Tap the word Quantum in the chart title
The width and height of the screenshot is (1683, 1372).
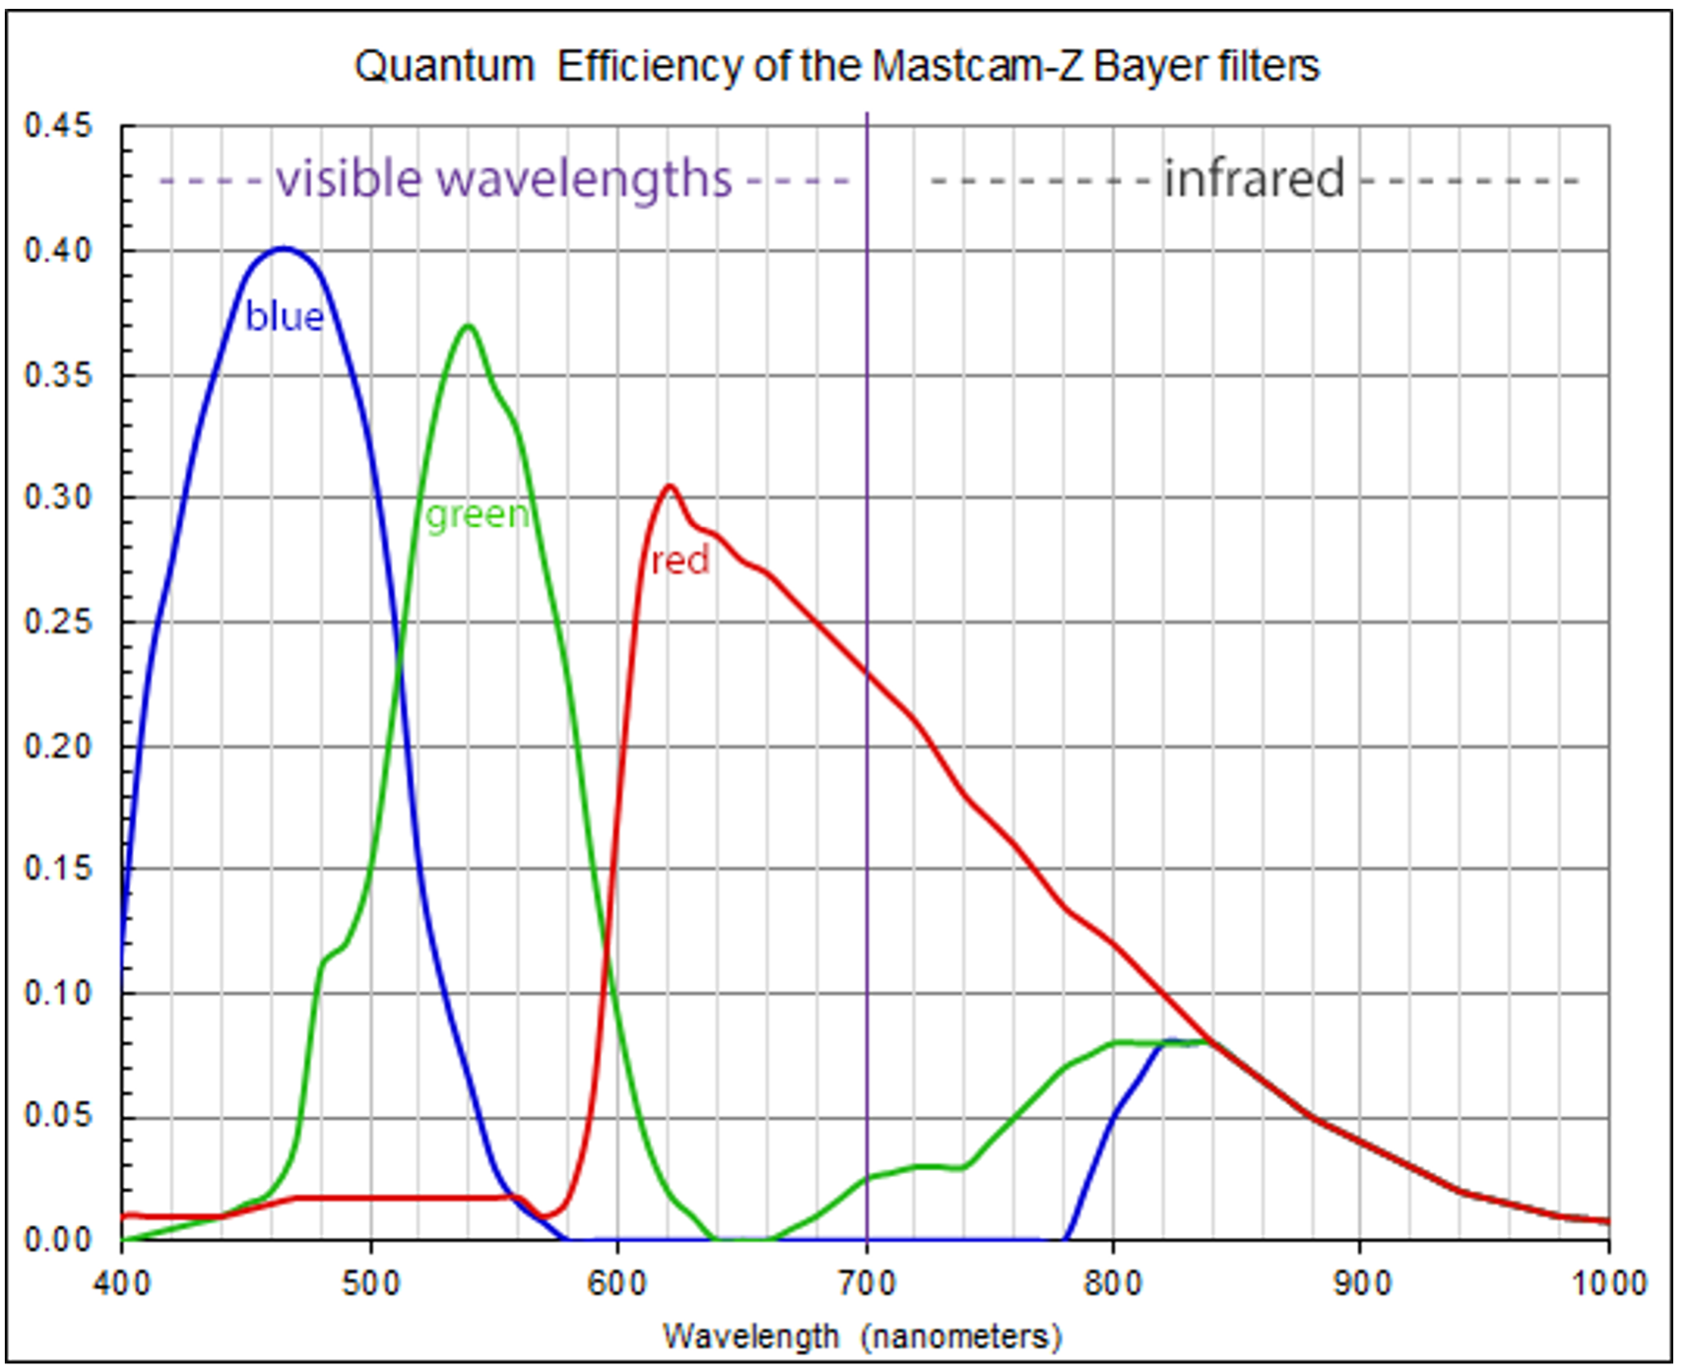444,66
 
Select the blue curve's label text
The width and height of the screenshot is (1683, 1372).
284,316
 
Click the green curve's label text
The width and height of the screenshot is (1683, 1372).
478,514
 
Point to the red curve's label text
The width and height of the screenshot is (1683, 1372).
680,560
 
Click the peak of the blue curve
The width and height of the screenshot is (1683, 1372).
284,248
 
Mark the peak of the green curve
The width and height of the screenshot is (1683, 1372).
469,325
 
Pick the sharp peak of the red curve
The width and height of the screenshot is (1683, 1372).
671,486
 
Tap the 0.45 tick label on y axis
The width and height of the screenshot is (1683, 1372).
58,126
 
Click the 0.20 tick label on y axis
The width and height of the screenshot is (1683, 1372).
58,746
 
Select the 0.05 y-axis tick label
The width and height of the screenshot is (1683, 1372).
58,1116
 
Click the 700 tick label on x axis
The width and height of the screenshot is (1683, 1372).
867,1284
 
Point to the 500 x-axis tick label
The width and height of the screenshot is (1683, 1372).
371,1284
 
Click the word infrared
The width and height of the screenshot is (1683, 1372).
1254,178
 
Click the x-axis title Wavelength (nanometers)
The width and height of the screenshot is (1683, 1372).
862,1337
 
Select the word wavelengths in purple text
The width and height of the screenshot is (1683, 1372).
585,180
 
